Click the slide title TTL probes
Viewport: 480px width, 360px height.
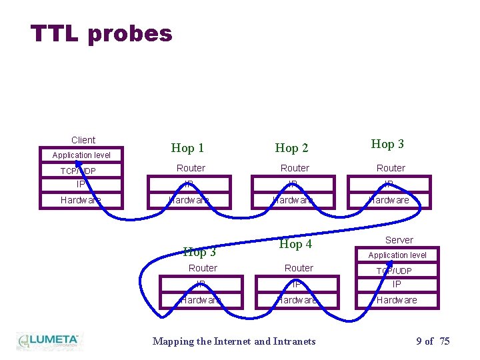point(101,33)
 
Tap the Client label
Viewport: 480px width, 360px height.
point(83,140)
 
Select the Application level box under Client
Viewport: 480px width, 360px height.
point(82,155)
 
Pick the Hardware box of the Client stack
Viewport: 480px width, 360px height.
point(81,200)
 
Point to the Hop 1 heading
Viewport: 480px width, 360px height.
point(187,148)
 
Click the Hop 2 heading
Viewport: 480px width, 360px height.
point(291,148)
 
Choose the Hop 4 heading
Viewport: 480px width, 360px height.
point(295,244)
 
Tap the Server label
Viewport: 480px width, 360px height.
point(399,240)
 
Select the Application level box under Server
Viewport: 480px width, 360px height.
point(397,255)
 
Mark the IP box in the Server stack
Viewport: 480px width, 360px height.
point(397,284)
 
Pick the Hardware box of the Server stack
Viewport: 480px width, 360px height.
point(397,300)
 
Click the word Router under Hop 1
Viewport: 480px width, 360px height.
point(191,168)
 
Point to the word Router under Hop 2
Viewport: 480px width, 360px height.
point(295,168)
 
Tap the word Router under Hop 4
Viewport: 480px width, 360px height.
point(299,268)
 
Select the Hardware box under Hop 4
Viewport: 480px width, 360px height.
point(297,300)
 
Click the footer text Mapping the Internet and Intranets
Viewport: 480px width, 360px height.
point(234,341)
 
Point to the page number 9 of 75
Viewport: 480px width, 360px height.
point(433,341)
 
